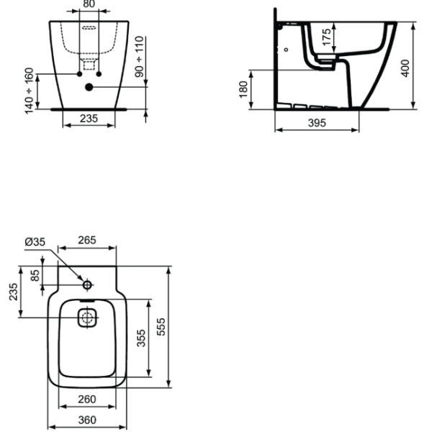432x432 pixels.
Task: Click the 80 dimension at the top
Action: [89, 4]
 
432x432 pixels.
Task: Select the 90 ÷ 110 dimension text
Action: [140, 57]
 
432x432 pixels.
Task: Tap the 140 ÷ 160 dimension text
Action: [30, 90]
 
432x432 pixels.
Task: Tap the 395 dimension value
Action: [316, 123]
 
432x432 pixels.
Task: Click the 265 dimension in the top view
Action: [88, 240]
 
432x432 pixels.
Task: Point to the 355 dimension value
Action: [143, 338]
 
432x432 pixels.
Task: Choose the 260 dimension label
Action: [88, 400]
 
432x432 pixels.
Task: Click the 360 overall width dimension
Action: [88, 420]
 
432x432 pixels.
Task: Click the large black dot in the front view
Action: [89, 88]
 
